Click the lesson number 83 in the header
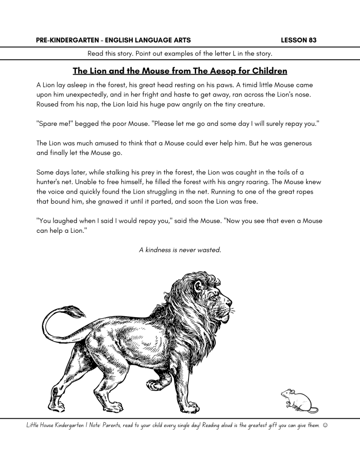tap(312, 40)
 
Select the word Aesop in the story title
tap(222, 71)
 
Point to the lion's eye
tap(212, 297)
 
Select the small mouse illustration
tap(294, 399)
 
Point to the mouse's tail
tap(313, 410)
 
